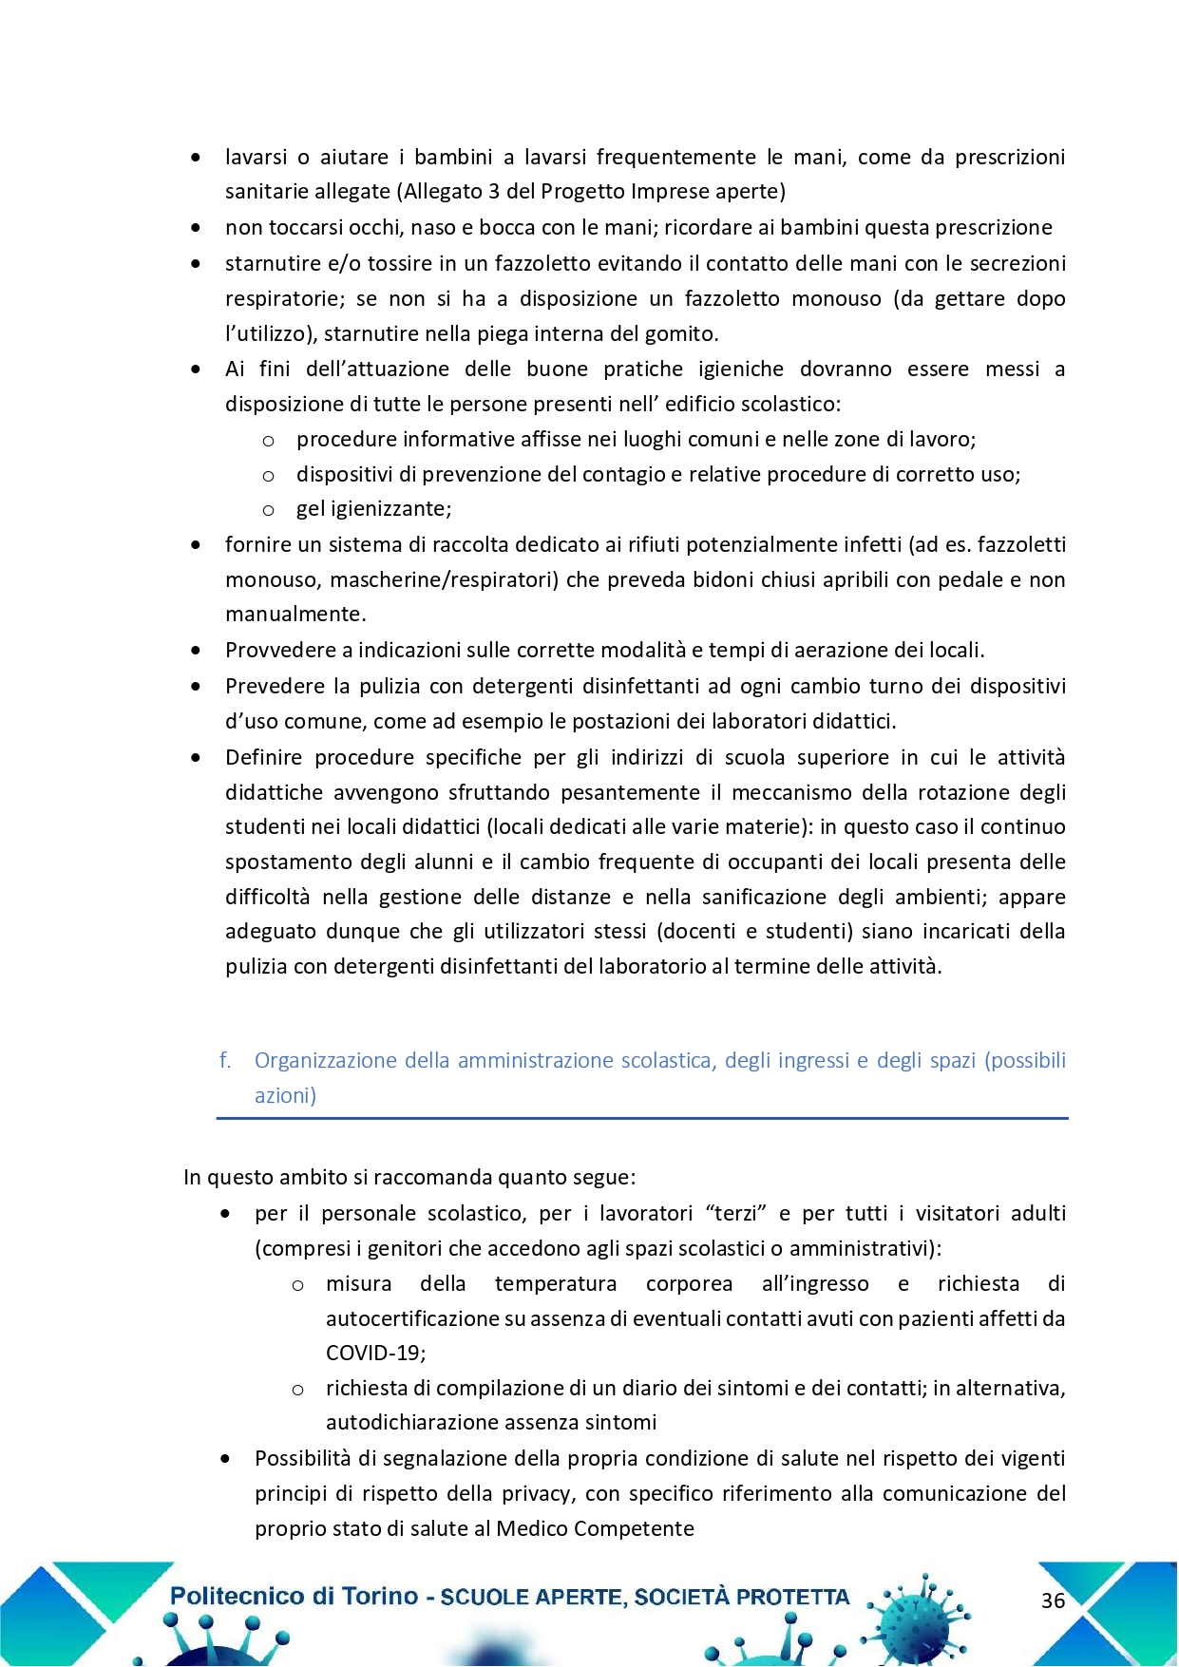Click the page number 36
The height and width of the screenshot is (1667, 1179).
1053,1601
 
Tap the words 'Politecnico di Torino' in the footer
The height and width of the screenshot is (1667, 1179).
294,1596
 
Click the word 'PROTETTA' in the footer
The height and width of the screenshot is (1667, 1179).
792,1598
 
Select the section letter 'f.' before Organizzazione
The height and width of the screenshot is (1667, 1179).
225,1060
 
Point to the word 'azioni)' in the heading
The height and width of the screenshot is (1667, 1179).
285,1095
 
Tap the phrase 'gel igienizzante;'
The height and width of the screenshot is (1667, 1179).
373,508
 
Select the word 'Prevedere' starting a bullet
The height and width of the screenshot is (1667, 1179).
271,686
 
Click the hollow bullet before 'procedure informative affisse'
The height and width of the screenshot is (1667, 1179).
269,440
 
